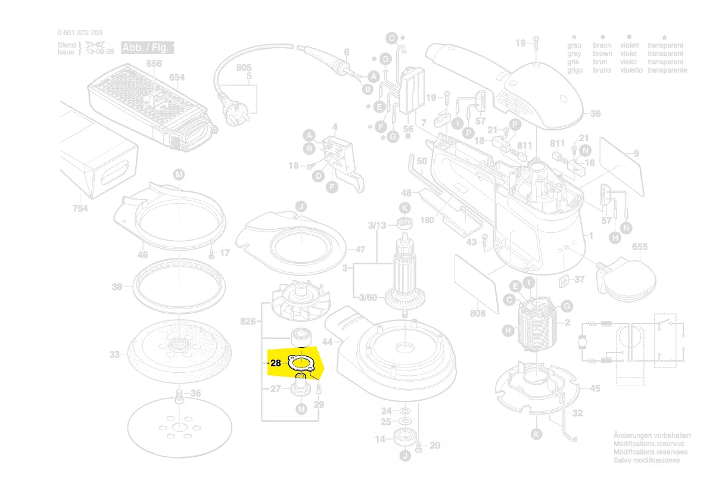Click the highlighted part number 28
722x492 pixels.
(x=275, y=363)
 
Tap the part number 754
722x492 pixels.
(x=80, y=208)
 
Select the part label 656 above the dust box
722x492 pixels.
(x=154, y=64)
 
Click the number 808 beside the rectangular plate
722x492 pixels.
(x=478, y=313)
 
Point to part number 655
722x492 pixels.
(x=639, y=247)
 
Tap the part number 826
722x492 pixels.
(x=248, y=322)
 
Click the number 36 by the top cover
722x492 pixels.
(x=595, y=114)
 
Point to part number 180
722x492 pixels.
(x=427, y=220)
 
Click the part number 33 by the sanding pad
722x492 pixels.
(x=114, y=354)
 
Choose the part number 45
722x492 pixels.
(x=595, y=388)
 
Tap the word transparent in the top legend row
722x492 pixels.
(x=665, y=45)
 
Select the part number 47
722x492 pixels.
(x=360, y=250)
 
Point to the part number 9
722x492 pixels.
(x=636, y=154)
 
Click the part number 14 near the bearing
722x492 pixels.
(x=380, y=439)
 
